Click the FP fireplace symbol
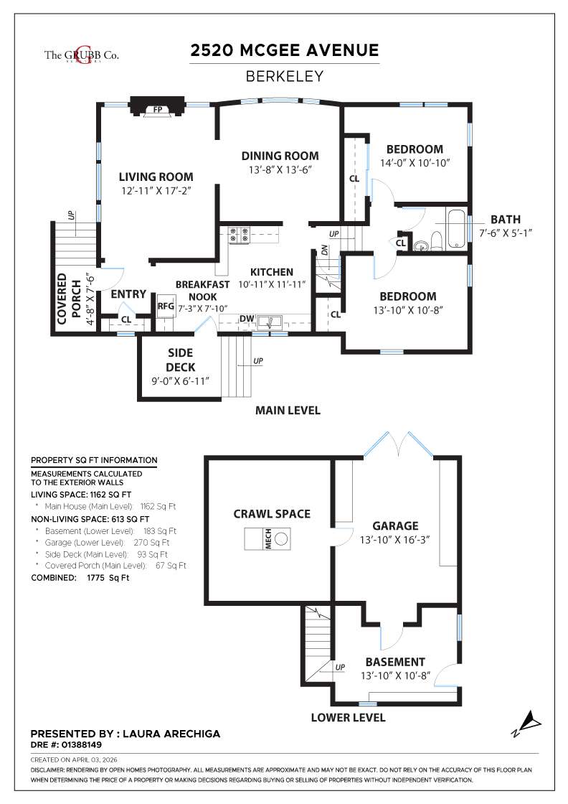pyautogui.click(x=157, y=110)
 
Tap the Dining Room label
pyautogui.click(x=280, y=156)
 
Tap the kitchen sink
pyautogui.click(x=271, y=321)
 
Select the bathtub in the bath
pyautogui.click(x=458, y=229)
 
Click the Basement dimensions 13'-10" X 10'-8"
pyautogui.click(x=394, y=676)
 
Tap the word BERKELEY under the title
pyautogui.click(x=284, y=75)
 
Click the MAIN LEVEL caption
pyautogui.click(x=288, y=411)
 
